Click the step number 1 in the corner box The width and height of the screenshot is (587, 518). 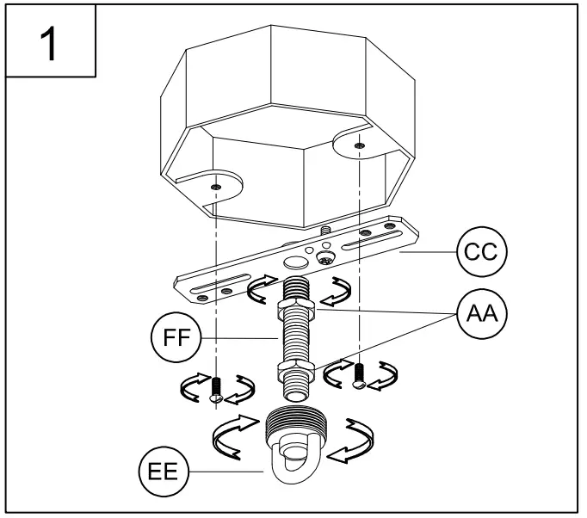pos(49,43)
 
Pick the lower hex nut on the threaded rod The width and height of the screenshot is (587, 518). pos(294,372)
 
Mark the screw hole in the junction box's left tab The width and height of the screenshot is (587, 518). pos(215,186)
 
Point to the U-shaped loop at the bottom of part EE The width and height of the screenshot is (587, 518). pos(295,468)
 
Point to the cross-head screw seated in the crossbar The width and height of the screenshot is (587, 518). pos(327,257)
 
